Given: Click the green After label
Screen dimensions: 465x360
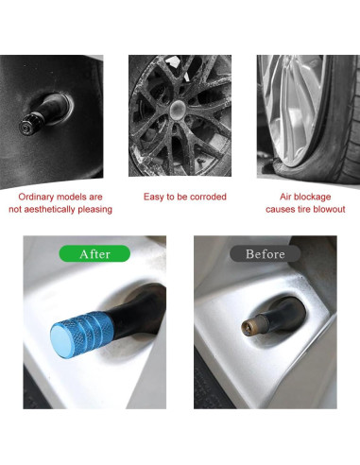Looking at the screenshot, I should pyautogui.click(x=94, y=253).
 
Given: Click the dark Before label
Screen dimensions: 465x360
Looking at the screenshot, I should pyautogui.click(x=265, y=253).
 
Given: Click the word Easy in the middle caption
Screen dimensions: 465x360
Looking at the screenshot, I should pyautogui.click(x=155, y=197).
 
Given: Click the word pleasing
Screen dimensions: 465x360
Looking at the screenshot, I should pyautogui.click(x=97, y=209).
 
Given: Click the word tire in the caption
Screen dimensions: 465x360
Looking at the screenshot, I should pyautogui.click(x=294, y=209).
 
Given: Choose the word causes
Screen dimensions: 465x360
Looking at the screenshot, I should pyautogui.click(x=269, y=209).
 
